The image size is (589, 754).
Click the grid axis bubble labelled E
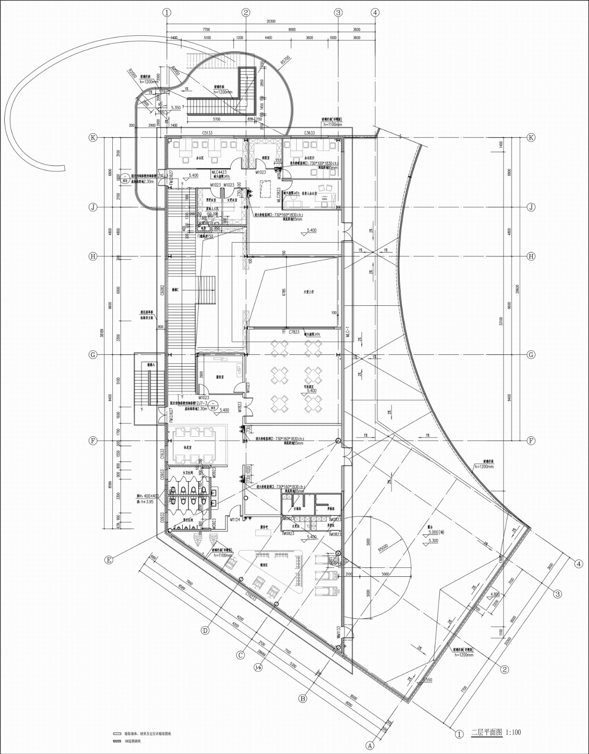click(109, 560)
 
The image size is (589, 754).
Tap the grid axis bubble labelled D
click(205, 631)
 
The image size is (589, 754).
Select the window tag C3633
click(310, 133)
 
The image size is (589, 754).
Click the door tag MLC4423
click(219, 172)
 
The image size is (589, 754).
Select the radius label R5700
click(285, 61)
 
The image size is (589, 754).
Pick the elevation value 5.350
click(176, 108)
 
